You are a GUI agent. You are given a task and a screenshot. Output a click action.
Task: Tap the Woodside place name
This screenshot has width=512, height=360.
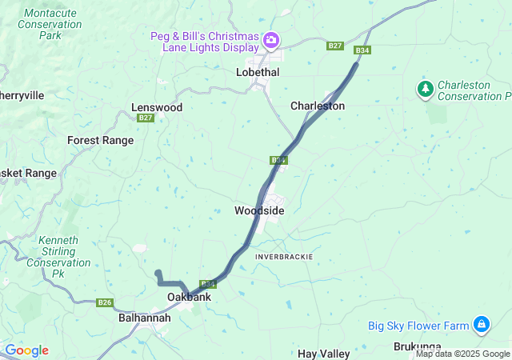tap(258, 210)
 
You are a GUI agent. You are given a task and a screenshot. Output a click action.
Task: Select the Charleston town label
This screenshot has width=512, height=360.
tap(318, 106)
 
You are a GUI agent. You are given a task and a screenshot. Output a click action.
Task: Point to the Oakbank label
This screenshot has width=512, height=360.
tap(189, 298)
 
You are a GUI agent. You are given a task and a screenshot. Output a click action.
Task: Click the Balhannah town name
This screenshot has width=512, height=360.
tap(144, 318)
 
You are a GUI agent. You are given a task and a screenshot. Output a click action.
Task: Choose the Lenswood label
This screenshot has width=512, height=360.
tap(157, 107)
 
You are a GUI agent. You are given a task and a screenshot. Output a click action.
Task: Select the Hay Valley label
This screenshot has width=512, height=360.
tap(324, 353)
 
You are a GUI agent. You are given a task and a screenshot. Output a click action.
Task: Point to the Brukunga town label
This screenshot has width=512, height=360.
tap(418, 346)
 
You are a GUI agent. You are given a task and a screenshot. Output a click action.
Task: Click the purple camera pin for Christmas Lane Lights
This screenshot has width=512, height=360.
tap(271, 39)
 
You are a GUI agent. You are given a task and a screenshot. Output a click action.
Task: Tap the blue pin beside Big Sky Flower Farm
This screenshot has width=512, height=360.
tap(482, 325)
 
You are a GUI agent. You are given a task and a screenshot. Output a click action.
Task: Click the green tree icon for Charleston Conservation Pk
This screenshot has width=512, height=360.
tap(425, 88)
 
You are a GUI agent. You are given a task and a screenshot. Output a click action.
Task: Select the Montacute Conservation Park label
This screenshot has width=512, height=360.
tap(53, 24)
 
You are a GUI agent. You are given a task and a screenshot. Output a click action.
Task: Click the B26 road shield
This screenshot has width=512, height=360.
tap(104, 302)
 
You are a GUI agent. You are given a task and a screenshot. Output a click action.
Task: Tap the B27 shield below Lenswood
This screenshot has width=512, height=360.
tap(145, 118)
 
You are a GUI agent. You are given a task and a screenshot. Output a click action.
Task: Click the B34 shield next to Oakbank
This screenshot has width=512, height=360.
tap(208, 284)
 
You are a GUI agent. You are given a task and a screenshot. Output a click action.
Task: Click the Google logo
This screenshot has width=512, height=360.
tap(26, 350)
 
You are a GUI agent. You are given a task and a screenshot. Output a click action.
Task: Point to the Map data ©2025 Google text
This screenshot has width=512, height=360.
tap(462, 354)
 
